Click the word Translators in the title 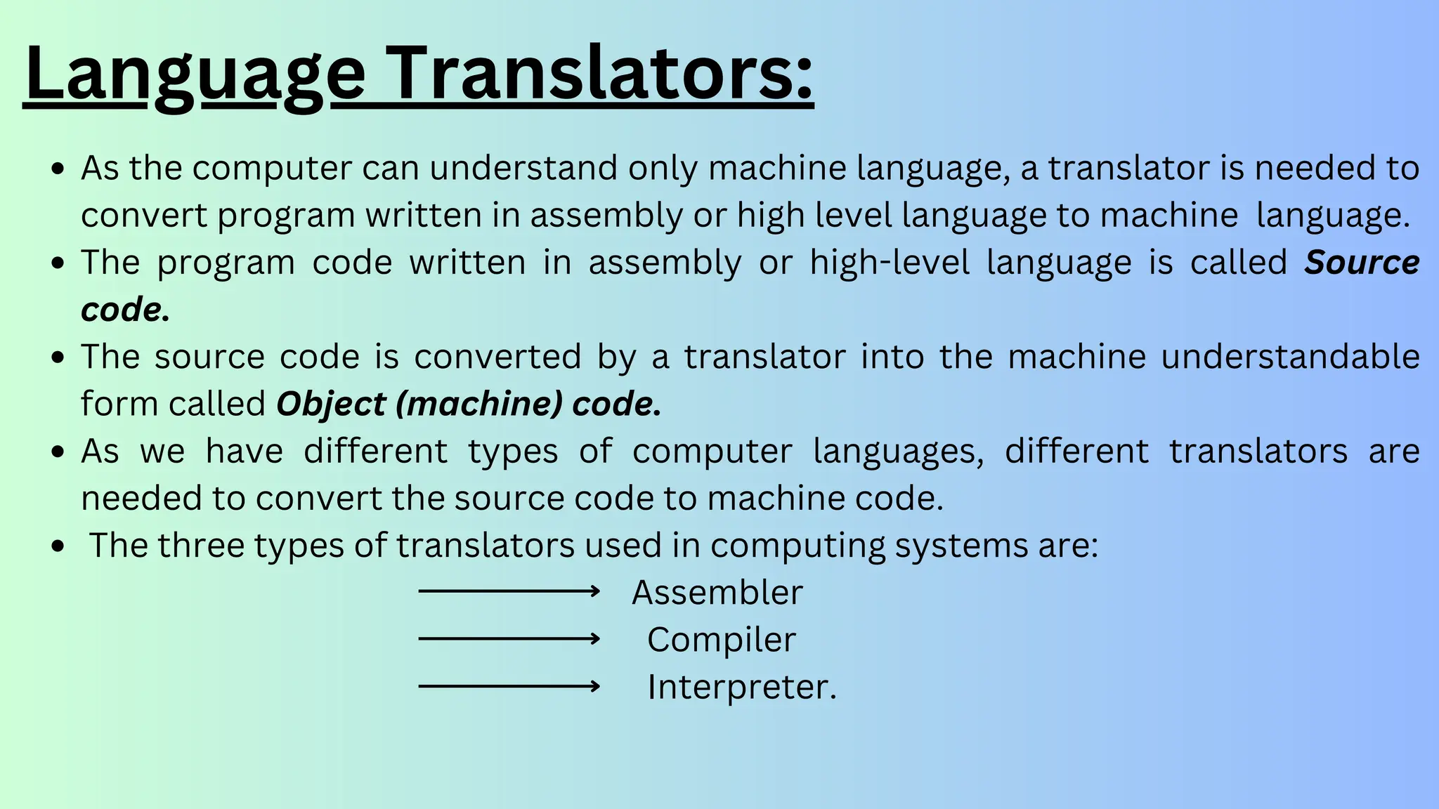click(x=601, y=74)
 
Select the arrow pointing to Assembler click(x=509, y=592)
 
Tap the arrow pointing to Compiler click(x=509, y=639)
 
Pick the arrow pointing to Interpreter click(x=509, y=686)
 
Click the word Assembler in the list click(x=717, y=593)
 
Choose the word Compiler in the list click(x=722, y=640)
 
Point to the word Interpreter click(x=741, y=687)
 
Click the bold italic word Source click(x=1362, y=263)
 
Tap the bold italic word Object click(x=331, y=404)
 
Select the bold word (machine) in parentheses click(x=479, y=404)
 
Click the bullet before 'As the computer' click(x=59, y=169)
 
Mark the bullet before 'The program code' click(x=59, y=263)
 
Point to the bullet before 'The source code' click(x=59, y=357)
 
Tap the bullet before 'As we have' click(x=59, y=452)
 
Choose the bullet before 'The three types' click(x=59, y=546)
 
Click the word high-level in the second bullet click(x=890, y=263)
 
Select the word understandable click(x=1290, y=357)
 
